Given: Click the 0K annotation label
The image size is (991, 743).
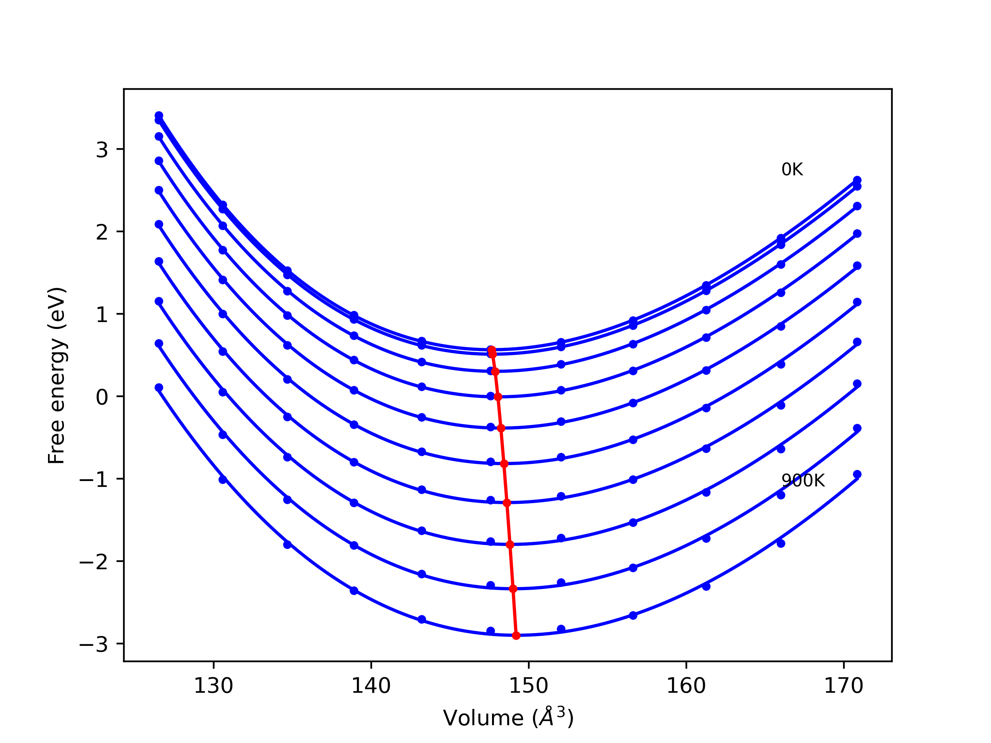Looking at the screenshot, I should (x=792, y=170).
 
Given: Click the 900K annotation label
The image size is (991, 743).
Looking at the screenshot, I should (x=803, y=481).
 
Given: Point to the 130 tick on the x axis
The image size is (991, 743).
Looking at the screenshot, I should (x=213, y=687).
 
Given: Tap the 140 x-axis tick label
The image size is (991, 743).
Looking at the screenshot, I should (x=371, y=687).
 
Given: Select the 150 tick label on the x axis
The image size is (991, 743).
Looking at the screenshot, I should (x=529, y=687).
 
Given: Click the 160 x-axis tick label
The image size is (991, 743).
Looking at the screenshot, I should (x=686, y=687).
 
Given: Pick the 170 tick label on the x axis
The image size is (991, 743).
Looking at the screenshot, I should (x=844, y=687).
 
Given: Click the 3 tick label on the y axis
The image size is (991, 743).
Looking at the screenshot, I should (x=102, y=150).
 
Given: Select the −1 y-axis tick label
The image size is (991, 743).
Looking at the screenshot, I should (x=94, y=479).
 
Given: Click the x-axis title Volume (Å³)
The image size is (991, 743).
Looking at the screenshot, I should (x=508, y=718).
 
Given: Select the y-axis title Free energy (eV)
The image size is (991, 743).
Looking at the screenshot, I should (x=57, y=375).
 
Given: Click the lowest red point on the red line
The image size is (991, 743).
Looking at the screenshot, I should (x=516, y=635).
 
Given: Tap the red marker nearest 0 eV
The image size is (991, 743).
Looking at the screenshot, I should (x=498, y=397).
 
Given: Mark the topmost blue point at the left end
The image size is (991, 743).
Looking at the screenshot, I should (x=159, y=116).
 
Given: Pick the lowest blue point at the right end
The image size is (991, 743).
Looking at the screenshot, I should (x=857, y=474).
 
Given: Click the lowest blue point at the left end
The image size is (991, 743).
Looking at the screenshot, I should (x=159, y=387).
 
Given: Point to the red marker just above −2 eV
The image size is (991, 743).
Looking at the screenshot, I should (x=510, y=544).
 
